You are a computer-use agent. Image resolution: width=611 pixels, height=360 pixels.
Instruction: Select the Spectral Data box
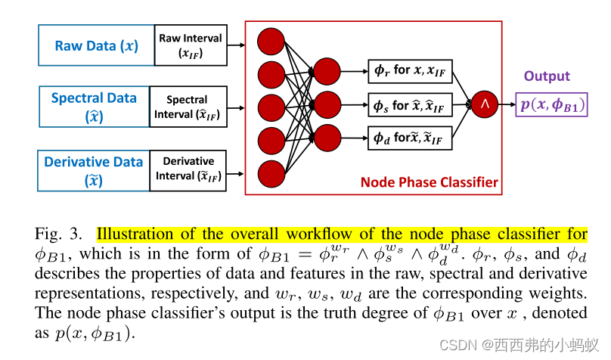coord(94,107)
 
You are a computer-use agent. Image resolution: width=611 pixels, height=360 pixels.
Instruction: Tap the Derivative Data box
coord(94,170)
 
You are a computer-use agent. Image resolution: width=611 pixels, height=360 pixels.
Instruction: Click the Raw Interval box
coord(191,45)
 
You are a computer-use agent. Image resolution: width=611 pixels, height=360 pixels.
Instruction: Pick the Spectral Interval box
coord(188,107)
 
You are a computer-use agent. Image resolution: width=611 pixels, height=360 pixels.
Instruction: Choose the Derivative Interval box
coord(188,170)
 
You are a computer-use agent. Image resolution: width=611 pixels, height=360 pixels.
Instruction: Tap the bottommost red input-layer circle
coord(270,173)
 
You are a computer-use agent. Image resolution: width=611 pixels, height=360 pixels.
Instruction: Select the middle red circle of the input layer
coord(270,107)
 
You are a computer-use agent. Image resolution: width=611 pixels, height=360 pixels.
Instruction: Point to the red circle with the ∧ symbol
coord(484,104)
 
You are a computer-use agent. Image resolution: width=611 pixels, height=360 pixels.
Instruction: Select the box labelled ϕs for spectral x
coord(409,104)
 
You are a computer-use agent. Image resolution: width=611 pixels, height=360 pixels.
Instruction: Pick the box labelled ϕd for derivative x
coord(409,138)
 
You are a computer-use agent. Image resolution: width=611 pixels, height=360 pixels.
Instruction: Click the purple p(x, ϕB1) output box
coord(552,105)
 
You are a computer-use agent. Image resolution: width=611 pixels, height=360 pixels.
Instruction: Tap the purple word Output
coord(547,76)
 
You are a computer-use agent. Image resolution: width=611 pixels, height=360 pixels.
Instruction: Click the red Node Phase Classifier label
coord(430,182)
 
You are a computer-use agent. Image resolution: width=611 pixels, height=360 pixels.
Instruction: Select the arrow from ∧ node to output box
coord(506,104)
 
